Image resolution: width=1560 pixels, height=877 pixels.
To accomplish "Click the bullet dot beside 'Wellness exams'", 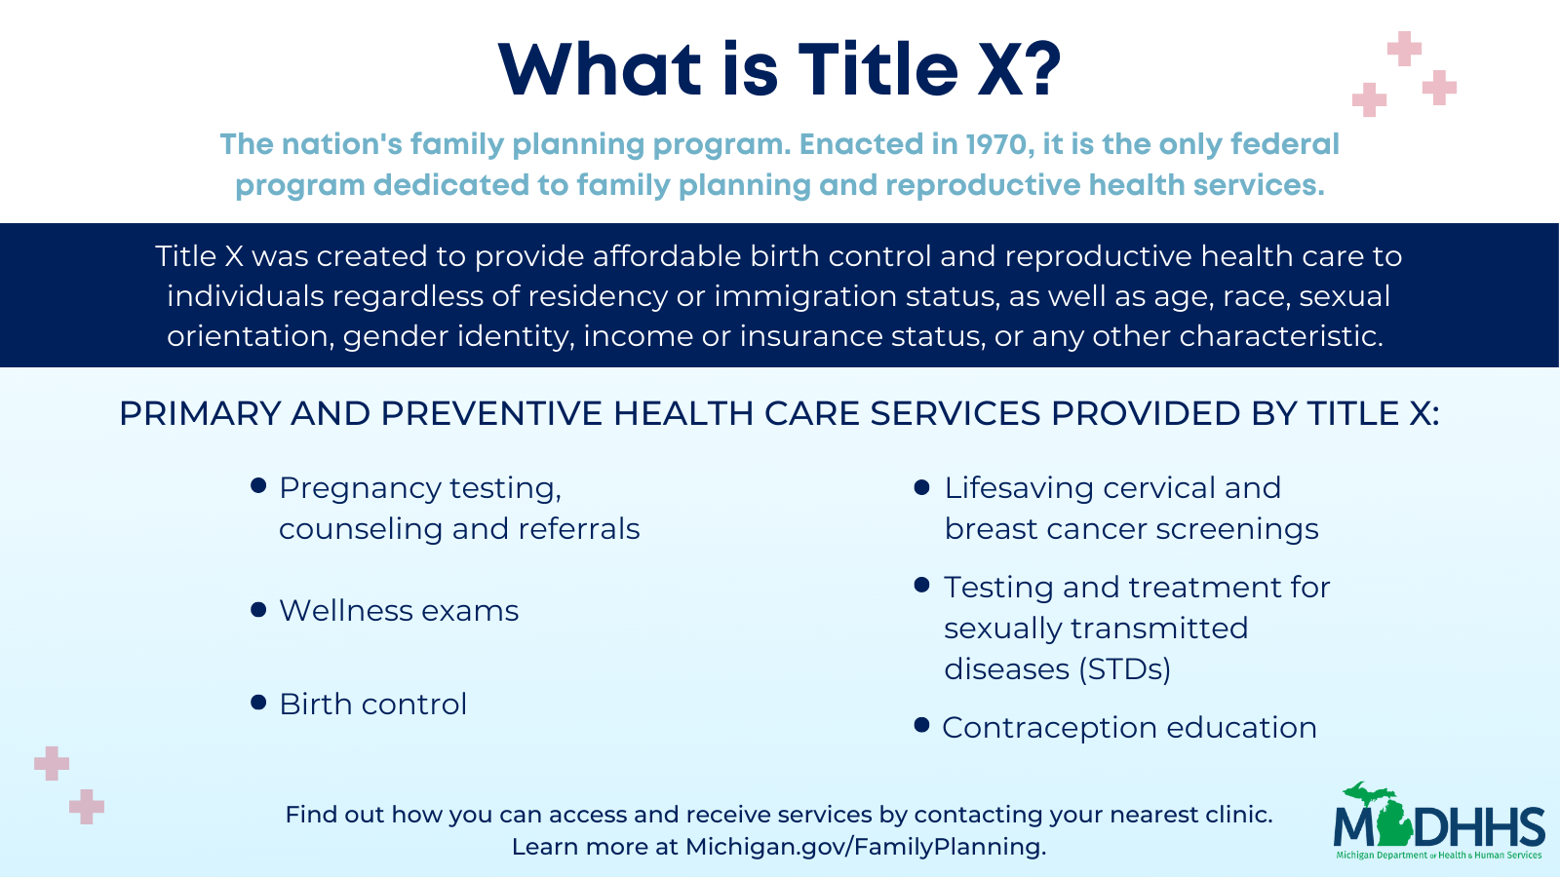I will click(258, 610).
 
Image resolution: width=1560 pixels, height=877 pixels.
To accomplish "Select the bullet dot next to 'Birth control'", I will click(258, 703).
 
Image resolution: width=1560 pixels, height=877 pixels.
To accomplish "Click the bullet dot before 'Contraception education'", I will click(921, 725).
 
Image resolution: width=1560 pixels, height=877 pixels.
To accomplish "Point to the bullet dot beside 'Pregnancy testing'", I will click(258, 485).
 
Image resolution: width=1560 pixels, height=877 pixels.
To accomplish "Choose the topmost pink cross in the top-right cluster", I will click(1404, 49).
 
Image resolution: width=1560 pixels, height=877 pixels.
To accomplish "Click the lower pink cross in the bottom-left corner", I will click(87, 807).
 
